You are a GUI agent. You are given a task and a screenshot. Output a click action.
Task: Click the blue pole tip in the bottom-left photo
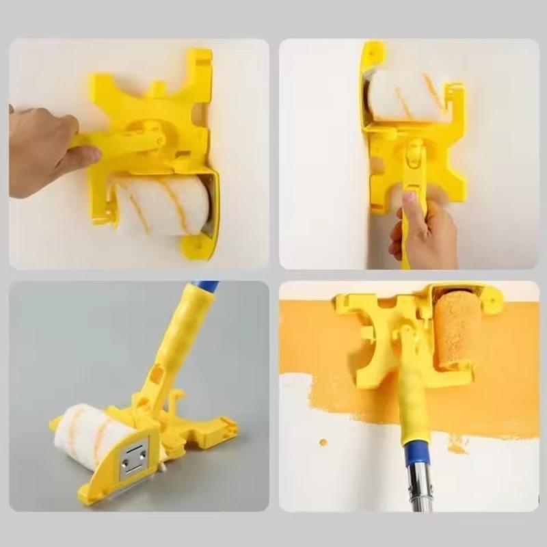[x=204, y=286]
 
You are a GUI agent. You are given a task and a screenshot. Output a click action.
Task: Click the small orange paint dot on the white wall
[x=323, y=442]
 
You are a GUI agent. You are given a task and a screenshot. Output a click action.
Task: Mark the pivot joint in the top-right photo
[x=414, y=155]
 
